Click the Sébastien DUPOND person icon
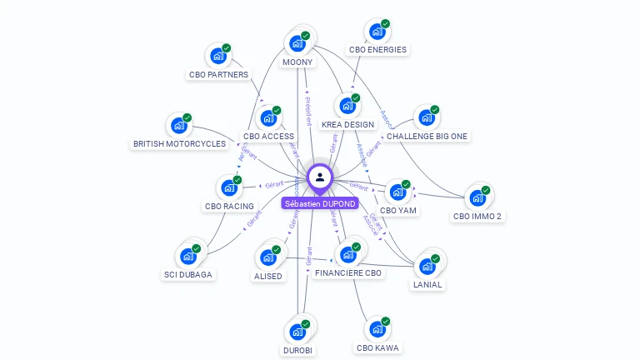[320, 177]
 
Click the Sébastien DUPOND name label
[320, 203]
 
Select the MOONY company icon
[297, 43]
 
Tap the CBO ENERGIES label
[377, 49]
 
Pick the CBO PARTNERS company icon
[218, 56]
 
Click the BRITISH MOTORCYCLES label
[179, 143]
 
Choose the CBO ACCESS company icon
[268, 118]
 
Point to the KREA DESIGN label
[347, 124]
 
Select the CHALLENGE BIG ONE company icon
[427, 117]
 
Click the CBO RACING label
[229, 206]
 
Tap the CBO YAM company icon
[397, 192]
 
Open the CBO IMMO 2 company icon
[477, 197]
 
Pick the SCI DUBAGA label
[187, 274]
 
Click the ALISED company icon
[268, 257]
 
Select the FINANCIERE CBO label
[349, 272]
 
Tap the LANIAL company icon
[427, 266]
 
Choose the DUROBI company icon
[297, 331]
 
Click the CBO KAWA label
[377, 347]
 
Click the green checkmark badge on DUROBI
[306, 323]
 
